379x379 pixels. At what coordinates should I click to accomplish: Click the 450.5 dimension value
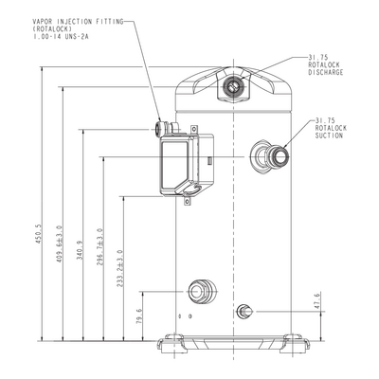(x=38, y=234)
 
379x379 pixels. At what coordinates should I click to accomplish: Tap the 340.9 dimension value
(x=80, y=251)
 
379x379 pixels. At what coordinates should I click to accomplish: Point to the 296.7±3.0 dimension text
(x=99, y=246)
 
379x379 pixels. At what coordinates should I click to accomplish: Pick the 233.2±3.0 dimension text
(x=119, y=268)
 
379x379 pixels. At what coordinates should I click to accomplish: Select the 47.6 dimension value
(x=317, y=300)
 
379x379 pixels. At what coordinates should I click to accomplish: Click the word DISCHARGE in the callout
(x=326, y=72)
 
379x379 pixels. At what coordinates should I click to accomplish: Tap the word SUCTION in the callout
(x=329, y=135)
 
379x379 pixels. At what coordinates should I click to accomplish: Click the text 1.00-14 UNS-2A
(x=61, y=36)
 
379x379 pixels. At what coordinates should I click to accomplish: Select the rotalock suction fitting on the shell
(x=269, y=156)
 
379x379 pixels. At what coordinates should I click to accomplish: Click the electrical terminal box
(x=187, y=165)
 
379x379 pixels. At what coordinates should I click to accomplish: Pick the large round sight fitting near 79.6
(x=202, y=291)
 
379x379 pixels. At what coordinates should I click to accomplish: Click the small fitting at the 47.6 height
(x=244, y=312)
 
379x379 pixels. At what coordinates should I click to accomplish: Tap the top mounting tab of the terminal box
(x=194, y=130)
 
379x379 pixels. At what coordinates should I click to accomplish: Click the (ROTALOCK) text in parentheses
(x=52, y=29)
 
